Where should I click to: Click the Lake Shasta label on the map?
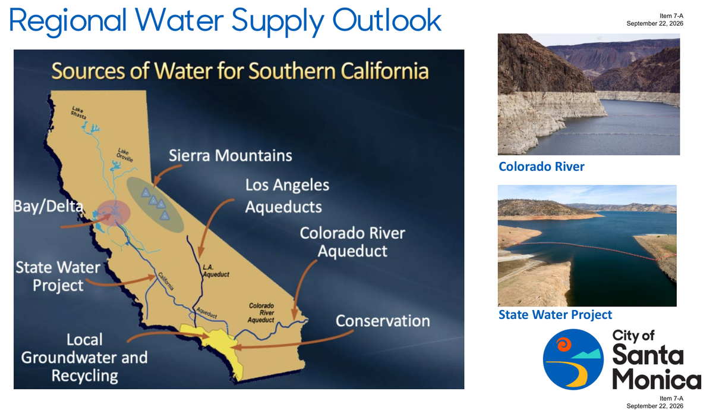78,112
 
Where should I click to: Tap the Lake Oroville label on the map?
124,155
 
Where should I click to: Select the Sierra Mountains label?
230,155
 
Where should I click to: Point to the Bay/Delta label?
48,207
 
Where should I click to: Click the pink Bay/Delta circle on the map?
113,213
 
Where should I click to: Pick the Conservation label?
383,321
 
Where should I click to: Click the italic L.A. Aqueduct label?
216,271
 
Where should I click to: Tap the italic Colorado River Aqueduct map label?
261,313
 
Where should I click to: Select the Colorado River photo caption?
541,167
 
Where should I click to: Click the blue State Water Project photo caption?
555,315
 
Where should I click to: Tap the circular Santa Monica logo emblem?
573,359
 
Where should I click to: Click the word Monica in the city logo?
657,379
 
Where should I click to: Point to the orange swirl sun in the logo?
564,345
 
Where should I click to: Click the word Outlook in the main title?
387,20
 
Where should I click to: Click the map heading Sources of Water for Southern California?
240,70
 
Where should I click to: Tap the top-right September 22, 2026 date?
655,24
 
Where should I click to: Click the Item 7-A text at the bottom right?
671,398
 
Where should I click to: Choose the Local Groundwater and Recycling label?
84,358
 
